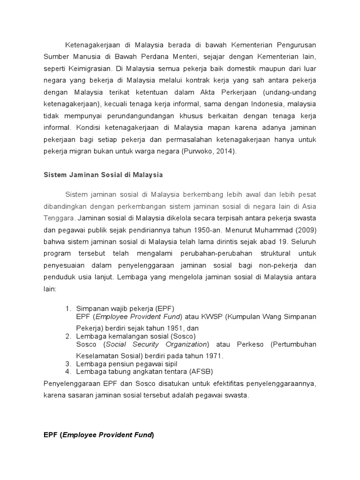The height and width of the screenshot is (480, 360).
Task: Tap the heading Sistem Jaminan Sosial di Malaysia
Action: [97, 174]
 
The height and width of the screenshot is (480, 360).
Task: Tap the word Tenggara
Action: [60, 217]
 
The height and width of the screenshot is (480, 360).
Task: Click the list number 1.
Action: [68, 308]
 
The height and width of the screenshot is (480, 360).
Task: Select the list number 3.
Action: [68, 364]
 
